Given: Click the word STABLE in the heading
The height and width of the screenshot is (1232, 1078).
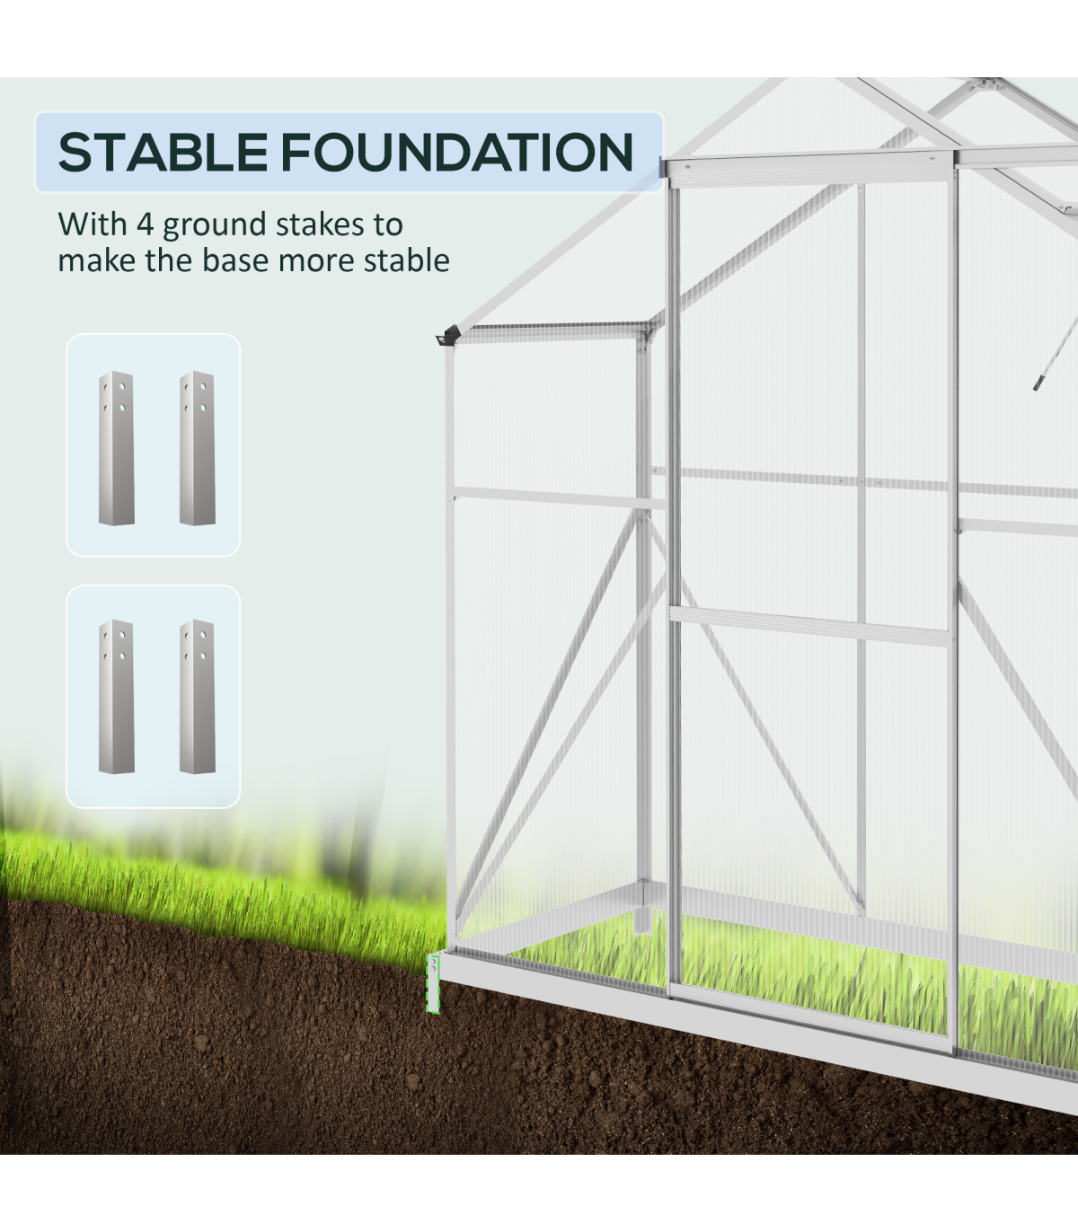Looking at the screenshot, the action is click(x=163, y=153).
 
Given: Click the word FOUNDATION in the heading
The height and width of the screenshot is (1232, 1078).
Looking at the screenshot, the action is click(x=457, y=153).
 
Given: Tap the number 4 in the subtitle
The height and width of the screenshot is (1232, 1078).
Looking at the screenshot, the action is click(x=145, y=224).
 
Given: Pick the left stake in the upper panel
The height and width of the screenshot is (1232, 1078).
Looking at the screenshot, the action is click(x=116, y=448).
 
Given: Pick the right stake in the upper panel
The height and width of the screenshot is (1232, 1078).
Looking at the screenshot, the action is click(x=197, y=448).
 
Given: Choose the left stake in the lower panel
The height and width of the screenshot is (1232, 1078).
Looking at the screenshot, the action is click(x=116, y=696).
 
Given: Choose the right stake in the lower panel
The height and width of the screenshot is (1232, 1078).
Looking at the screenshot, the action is click(x=197, y=696).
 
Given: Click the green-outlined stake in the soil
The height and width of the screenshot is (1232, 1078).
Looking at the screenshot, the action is click(x=433, y=983).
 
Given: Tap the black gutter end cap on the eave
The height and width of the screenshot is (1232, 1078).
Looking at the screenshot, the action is click(x=448, y=336).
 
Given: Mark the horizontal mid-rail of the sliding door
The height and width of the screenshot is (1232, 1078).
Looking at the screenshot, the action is click(x=809, y=626).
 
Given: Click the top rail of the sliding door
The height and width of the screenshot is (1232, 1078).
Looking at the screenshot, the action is click(x=807, y=171).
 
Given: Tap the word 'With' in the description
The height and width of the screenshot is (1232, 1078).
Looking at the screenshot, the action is click(x=93, y=224).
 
